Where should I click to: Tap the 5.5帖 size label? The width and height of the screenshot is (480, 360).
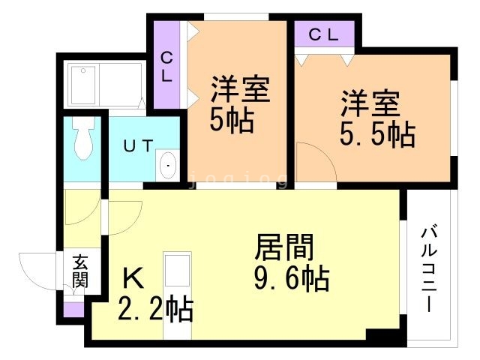[x=378, y=134]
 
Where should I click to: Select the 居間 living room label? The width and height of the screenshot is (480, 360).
[x=284, y=247]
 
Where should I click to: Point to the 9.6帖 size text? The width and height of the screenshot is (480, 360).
[x=292, y=279]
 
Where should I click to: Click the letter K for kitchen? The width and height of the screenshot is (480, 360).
[x=132, y=279]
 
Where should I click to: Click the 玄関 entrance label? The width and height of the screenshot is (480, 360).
[x=79, y=271]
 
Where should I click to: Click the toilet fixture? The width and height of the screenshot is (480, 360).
[x=83, y=136]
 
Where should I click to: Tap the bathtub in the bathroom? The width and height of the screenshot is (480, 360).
[x=105, y=84]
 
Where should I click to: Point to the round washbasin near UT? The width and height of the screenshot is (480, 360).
[x=169, y=164]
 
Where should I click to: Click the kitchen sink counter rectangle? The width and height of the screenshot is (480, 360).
[x=178, y=271]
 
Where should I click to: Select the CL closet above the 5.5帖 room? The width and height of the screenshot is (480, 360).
[x=324, y=34]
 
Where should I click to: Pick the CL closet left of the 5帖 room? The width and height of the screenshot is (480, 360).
[x=167, y=67]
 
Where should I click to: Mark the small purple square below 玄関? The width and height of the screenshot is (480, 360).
[x=73, y=308]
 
